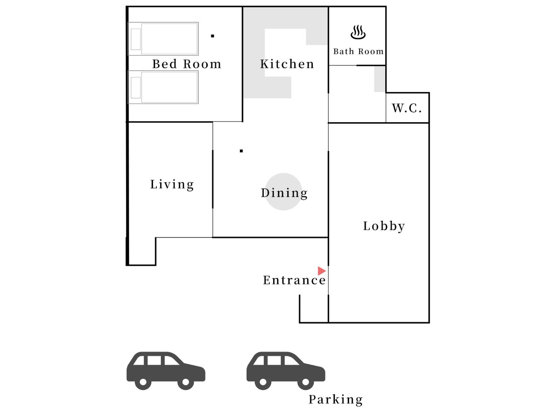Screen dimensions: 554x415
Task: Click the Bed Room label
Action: (x=187, y=64)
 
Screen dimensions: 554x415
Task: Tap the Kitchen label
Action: (x=287, y=64)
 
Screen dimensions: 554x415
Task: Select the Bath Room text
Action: (x=358, y=52)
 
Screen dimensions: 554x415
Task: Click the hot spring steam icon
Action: (x=358, y=32)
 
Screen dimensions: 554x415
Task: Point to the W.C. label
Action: (x=407, y=108)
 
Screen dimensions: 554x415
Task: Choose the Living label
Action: (x=172, y=185)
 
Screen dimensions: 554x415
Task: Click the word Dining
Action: (x=284, y=193)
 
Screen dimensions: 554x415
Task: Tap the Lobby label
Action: (x=384, y=226)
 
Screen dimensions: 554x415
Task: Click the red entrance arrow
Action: (x=322, y=271)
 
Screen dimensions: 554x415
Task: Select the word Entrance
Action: (x=294, y=280)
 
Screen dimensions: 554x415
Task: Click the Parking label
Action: (x=336, y=400)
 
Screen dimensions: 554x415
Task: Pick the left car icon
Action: (x=166, y=370)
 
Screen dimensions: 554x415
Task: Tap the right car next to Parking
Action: (x=286, y=370)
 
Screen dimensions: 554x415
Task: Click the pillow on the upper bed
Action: (x=136, y=39)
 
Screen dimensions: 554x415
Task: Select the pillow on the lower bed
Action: (x=136, y=87)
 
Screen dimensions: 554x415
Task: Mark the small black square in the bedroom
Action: (x=213, y=36)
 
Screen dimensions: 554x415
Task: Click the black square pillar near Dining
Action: (x=241, y=151)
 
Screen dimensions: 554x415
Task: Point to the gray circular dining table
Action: (x=283, y=192)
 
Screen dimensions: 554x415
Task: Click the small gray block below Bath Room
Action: (x=380, y=79)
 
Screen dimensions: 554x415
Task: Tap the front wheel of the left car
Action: (x=185, y=382)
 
